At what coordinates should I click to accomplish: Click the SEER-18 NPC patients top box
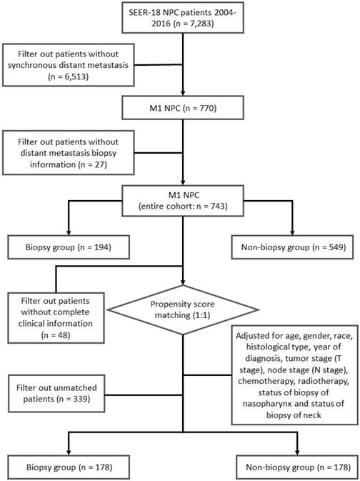coord(184,21)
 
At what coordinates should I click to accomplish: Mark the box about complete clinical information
coord(54,312)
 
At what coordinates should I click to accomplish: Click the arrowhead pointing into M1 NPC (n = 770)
coord(184,99)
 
